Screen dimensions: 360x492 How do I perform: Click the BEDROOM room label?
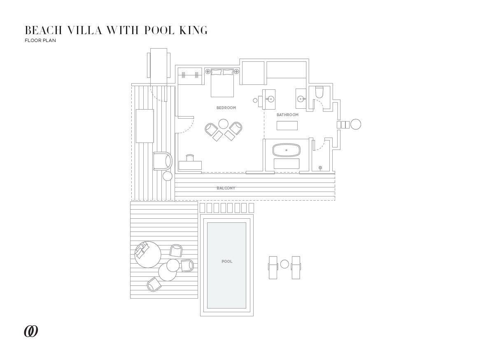pos(226,108)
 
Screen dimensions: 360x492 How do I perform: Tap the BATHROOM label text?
pos(287,115)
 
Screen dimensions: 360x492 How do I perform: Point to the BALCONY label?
pos(226,188)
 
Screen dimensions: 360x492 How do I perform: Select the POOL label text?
pos(227,262)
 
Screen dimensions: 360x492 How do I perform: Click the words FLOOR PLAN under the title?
pos(40,41)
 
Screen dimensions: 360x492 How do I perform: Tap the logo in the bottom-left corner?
pos(31,331)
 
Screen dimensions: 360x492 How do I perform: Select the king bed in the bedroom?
pos(222,82)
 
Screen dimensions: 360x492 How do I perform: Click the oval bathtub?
pos(287,150)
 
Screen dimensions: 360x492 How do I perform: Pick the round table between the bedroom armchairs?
pos(224,124)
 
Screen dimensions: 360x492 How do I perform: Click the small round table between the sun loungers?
pos(284,264)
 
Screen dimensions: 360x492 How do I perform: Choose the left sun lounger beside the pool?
pos(273,267)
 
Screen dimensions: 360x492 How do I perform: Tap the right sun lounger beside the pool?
pos(296,267)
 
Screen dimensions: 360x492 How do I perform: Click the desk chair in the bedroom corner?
pos(190,157)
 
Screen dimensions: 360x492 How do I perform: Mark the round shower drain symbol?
pos(320,168)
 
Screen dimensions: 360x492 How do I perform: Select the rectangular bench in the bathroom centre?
pos(287,125)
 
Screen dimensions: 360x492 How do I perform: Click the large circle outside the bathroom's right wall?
pos(355,124)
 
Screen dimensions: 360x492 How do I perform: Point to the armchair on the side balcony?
pos(162,161)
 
